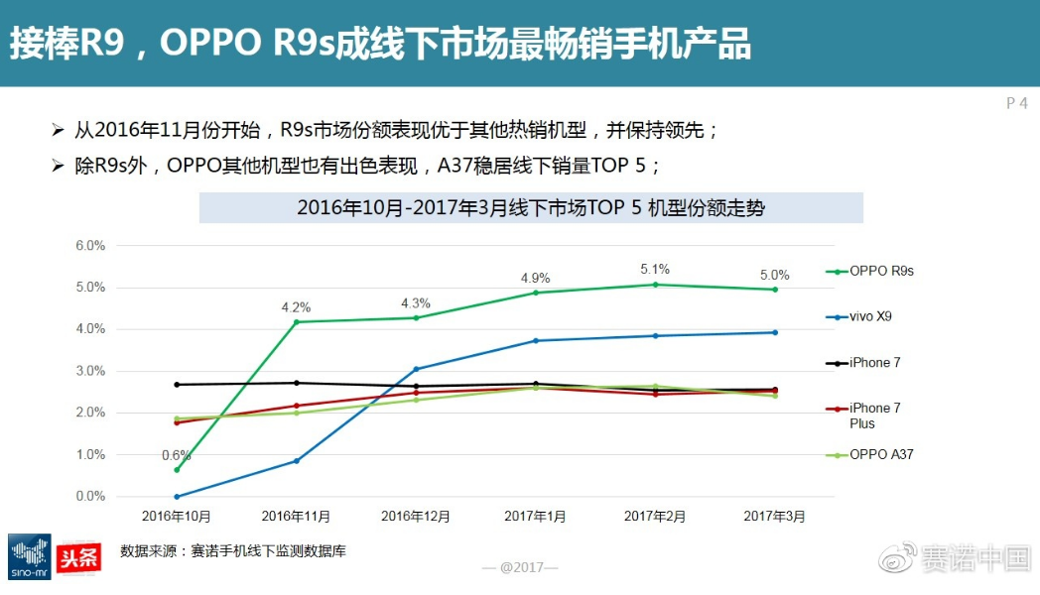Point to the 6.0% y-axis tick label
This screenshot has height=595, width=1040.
pyautogui.click(x=90, y=245)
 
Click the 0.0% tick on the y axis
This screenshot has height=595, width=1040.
pyautogui.click(x=90, y=496)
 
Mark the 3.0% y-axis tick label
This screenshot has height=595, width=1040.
pyautogui.click(x=90, y=371)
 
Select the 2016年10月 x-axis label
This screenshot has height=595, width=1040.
pyautogui.click(x=177, y=517)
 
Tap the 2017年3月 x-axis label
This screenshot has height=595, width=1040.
pyautogui.click(x=775, y=517)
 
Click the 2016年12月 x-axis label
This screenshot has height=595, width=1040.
pyautogui.click(x=416, y=517)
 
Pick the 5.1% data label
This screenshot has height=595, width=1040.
pyautogui.click(x=655, y=269)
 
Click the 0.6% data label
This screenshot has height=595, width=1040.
pyautogui.click(x=177, y=455)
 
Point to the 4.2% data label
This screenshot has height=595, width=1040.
pyautogui.click(x=296, y=307)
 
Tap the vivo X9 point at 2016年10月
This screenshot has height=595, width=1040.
pyautogui.click(x=177, y=497)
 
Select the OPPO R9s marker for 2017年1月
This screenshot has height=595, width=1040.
pyautogui.click(x=536, y=293)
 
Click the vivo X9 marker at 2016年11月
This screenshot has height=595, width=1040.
pyautogui.click(x=296, y=461)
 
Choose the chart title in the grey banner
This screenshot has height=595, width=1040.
pyautogui.click(x=531, y=208)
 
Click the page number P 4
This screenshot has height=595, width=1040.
pyautogui.click(x=1016, y=103)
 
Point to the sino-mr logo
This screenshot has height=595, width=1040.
pyautogui.click(x=29, y=557)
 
